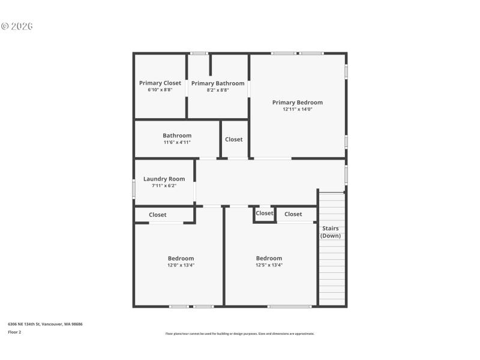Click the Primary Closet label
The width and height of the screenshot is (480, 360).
pos(160,83)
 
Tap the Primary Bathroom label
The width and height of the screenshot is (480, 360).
pos(218,83)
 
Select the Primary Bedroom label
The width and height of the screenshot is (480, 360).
pos(297,103)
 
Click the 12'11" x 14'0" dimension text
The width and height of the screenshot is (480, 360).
pos(297,109)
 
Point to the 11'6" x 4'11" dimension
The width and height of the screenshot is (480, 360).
pos(176,142)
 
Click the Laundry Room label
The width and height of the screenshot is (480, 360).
pos(164,179)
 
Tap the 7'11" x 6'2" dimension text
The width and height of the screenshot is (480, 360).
pos(164,186)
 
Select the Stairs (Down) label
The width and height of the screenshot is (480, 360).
pos(330,232)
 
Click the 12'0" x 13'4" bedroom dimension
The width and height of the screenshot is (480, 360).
pos(181,265)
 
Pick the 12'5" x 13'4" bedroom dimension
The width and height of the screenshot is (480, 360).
pos(269,265)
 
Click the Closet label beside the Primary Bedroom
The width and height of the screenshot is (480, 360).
pos(233,139)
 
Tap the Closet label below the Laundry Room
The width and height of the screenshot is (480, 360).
pos(158,215)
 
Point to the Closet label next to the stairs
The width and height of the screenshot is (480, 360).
pos(293,214)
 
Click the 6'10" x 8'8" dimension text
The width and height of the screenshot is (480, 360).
pos(160,90)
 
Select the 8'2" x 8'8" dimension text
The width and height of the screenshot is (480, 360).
pos(218,90)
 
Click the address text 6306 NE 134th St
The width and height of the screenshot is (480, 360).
pos(45,324)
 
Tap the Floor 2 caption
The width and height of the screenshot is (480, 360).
pos(14,332)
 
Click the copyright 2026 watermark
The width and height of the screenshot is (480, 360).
pos(17,26)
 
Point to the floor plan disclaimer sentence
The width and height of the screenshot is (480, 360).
pos(239,334)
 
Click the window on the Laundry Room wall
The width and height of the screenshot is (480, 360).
pos(133,188)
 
